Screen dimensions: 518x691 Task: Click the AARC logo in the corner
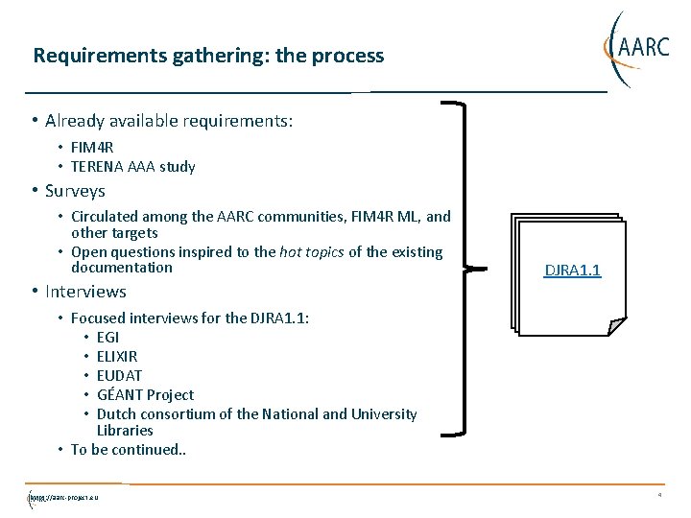click(635, 46)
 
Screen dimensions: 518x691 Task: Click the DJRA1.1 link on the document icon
click(572, 271)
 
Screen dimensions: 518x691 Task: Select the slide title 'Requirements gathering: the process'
click(208, 56)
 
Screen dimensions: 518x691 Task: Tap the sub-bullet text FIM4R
click(92, 148)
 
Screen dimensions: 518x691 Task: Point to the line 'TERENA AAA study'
click(133, 167)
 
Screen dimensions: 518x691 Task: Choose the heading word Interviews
click(85, 292)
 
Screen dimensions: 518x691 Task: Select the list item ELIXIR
click(117, 357)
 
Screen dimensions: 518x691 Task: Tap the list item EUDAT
click(119, 376)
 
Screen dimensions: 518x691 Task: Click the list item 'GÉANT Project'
click(145, 395)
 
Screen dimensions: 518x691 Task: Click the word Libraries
click(125, 431)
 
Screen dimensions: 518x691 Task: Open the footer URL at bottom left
click(64, 497)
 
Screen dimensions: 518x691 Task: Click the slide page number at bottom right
click(659, 496)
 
